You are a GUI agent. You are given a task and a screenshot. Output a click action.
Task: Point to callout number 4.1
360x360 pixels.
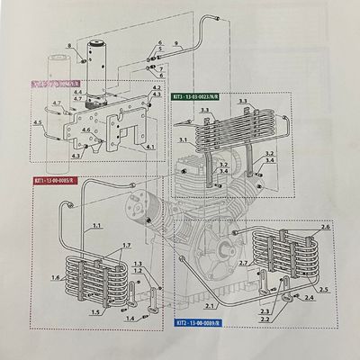click(149, 146)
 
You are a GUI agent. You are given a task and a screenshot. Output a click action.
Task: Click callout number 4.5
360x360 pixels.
click(37, 121)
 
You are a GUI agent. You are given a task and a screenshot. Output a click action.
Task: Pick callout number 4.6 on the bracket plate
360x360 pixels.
click(86, 130)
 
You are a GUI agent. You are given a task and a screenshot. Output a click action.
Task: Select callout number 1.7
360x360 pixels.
click(127, 246)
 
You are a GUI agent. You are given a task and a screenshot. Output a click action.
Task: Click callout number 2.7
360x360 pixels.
click(242, 262)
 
